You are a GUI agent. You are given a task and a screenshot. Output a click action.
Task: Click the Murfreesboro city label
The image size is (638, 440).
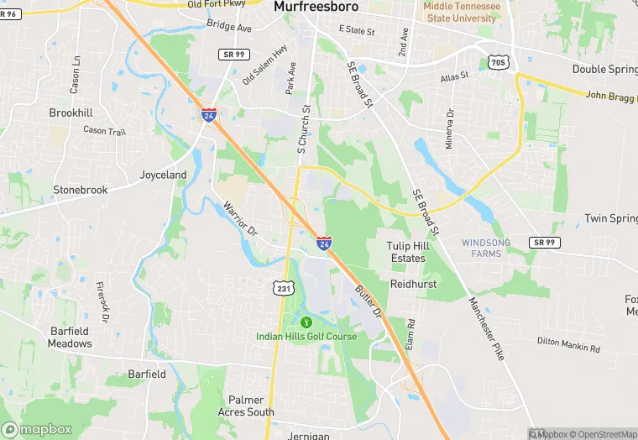(x=316, y=7)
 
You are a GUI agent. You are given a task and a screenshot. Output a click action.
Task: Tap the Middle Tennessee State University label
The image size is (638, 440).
(x=461, y=12)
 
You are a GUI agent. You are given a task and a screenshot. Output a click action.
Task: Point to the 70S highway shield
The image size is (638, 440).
(x=498, y=61)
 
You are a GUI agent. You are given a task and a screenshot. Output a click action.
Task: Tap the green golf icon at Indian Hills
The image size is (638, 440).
(x=306, y=322)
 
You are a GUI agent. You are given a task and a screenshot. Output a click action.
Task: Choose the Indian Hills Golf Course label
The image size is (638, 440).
(x=306, y=337)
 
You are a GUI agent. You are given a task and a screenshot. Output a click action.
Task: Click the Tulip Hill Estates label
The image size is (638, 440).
(x=408, y=252)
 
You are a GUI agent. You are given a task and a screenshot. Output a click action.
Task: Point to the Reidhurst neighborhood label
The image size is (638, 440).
(x=413, y=285)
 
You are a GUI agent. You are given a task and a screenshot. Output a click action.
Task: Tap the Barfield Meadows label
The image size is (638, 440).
(x=70, y=338)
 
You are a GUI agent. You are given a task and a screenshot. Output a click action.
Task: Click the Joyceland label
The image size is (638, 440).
(x=163, y=175)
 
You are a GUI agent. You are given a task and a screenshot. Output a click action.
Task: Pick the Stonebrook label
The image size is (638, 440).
(x=81, y=191)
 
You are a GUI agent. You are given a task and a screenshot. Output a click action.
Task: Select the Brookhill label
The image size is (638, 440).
(x=71, y=113)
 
